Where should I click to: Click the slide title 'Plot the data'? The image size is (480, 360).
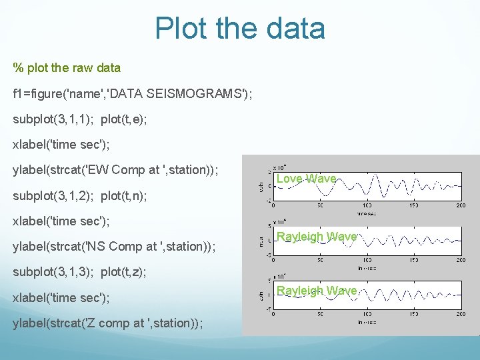coord(240,28)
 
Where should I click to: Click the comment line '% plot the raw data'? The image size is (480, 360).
coord(67,67)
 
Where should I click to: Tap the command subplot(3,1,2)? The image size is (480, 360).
coord(53,195)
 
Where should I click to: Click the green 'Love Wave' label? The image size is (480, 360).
coord(306,179)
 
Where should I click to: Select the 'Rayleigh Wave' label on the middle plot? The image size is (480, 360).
coord(317,237)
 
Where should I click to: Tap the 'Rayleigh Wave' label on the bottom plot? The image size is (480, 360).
coord(317,291)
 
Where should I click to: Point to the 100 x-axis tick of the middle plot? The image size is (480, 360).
coord(367,261)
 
